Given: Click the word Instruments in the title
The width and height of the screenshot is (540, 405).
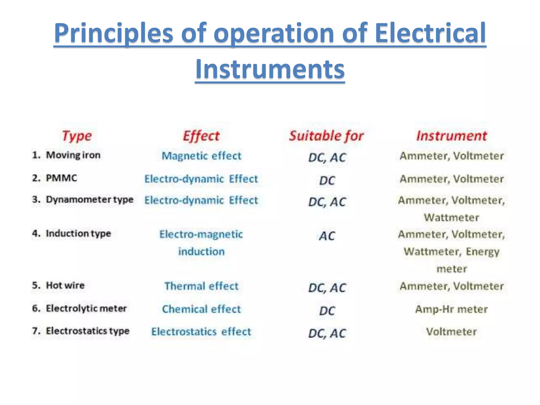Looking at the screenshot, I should click(270, 69).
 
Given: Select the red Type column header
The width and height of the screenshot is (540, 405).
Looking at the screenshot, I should click(77, 136).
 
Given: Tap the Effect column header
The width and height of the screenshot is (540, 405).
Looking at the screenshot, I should click(201, 136).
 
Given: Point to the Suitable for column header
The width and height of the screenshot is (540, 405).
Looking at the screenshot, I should click(326, 136).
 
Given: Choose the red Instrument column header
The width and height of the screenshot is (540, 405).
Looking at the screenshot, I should click(451, 136).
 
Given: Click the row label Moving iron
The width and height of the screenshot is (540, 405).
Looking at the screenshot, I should click(73, 155).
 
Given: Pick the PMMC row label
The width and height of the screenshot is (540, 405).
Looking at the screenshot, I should click(61, 178).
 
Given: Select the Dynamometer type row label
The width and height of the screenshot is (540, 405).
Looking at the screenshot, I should click(90, 200).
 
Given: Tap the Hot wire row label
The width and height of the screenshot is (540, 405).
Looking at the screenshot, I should click(65, 285).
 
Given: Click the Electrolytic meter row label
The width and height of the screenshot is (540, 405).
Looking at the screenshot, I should click(86, 308).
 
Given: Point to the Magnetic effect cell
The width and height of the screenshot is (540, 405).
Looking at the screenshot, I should click(201, 156).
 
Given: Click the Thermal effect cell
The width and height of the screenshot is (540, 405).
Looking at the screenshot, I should click(201, 286).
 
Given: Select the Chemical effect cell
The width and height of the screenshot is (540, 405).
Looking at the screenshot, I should click(201, 309).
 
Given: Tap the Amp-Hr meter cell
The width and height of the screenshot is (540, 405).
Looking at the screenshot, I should click(451, 309).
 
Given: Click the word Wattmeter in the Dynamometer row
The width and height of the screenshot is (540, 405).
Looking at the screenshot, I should click(451, 218).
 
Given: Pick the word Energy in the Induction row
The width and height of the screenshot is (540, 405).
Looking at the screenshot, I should click(483, 252).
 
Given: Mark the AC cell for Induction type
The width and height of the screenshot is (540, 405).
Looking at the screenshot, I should click(327, 236).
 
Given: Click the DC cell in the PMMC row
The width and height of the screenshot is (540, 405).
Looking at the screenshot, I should click(327, 181).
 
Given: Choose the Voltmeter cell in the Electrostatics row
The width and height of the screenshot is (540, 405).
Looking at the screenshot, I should click(451, 332).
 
